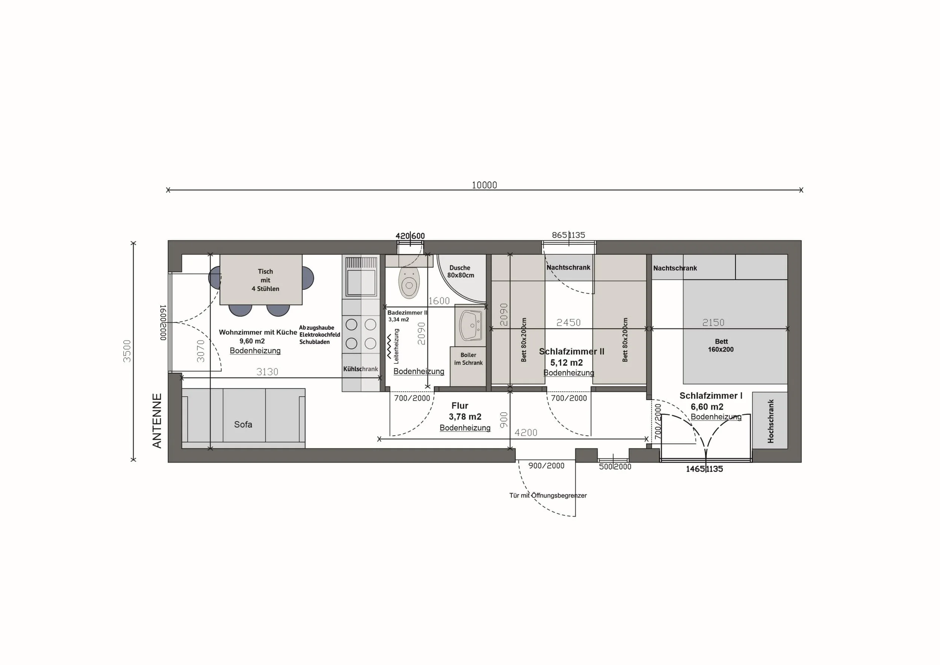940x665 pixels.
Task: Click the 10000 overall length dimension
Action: (484, 185)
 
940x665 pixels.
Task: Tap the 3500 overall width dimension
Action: (127, 351)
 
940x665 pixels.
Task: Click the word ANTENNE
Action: (157, 421)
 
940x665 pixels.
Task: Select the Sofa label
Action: (243, 424)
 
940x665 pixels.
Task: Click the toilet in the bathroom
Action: (409, 282)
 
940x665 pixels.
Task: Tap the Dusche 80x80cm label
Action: (461, 272)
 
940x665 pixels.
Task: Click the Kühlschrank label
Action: (361, 369)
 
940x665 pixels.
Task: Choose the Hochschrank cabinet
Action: (770, 421)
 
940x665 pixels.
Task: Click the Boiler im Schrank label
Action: (468, 359)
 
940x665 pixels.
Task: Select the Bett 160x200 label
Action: (721, 345)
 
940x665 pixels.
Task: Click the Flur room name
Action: (460, 405)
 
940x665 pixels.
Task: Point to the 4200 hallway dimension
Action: (526, 433)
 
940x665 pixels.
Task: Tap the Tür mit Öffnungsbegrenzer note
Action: (548, 495)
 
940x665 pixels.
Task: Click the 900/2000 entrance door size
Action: (546, 466)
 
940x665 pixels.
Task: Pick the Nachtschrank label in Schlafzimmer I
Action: (675, 268)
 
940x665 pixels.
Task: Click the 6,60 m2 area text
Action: (707, 407)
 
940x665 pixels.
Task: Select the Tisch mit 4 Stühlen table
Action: (261, 280)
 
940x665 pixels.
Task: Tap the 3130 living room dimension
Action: (267, 372)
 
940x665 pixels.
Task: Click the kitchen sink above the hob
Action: (361, 276)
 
